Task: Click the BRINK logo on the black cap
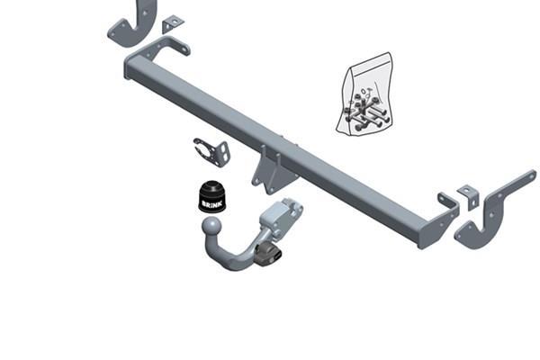[212, 204]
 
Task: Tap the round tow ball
[211, 226]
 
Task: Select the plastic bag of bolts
[365, 94]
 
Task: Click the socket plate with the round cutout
[212, 152]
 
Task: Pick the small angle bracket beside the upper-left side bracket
[173, 24]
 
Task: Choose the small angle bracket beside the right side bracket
[468, 196]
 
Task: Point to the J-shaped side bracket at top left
[132, 24]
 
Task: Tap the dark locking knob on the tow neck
[268, 254]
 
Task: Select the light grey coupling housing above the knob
[281, 216]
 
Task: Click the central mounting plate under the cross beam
[274, 170]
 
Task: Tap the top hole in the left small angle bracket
[175, 22]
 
